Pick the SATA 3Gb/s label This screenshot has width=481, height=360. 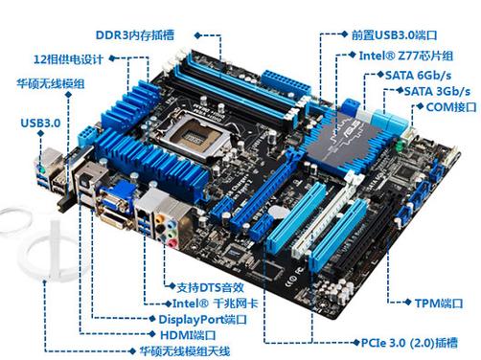click(x=432, y=90)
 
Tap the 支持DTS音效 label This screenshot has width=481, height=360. click(x=213, y=286)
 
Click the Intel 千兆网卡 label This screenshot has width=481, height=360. click(x=207, y=303)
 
